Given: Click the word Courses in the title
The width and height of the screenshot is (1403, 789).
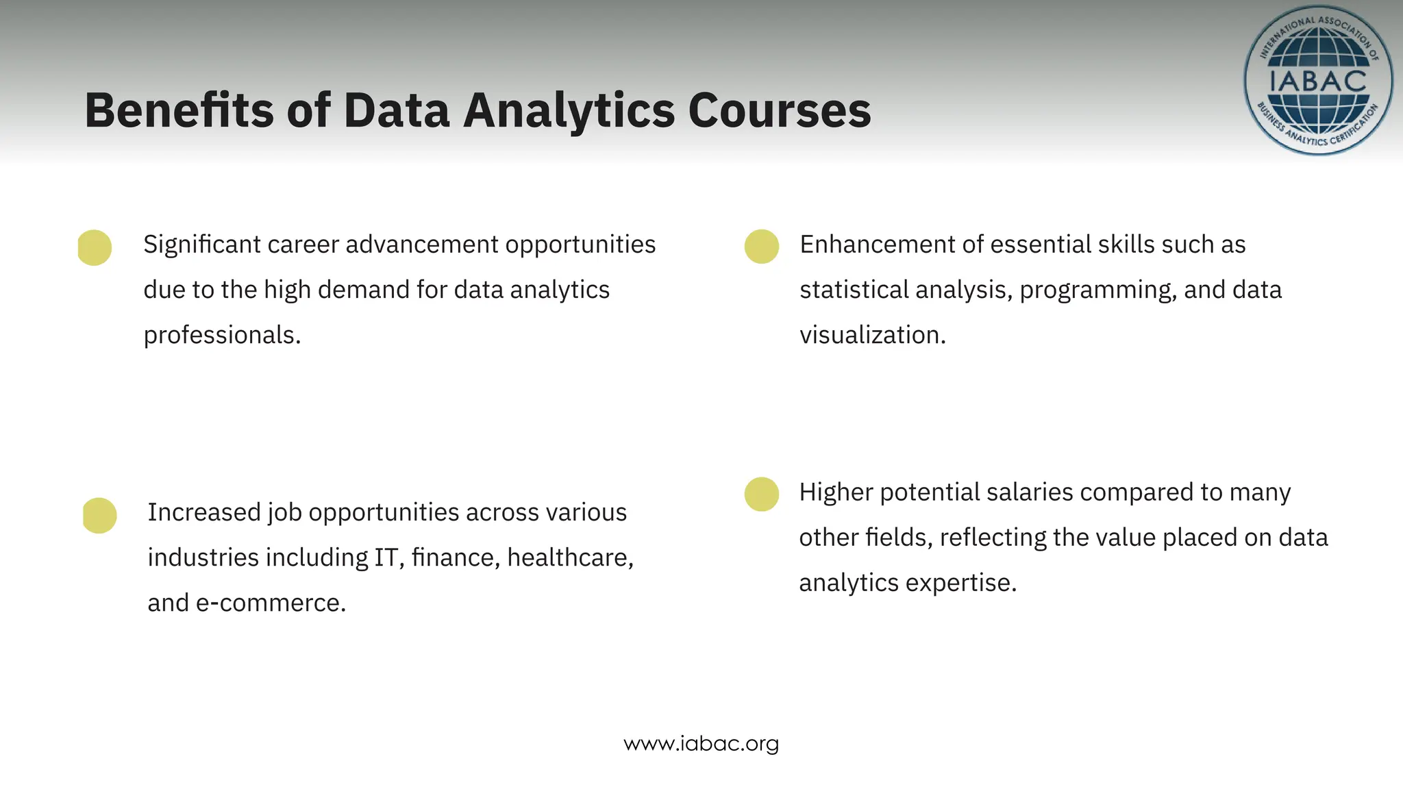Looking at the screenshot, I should tap(779, 111).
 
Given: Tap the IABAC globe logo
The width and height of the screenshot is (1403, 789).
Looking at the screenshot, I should tap(1317, 81).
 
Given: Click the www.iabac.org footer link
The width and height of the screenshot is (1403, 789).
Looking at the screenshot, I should tap(701, 744).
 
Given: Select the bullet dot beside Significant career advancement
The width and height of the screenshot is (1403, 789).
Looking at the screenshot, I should tap(95, 247).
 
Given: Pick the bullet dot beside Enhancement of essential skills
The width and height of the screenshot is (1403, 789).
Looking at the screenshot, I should tap(762, 247).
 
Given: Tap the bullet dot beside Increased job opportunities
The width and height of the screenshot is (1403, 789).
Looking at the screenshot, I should tap(99, 515).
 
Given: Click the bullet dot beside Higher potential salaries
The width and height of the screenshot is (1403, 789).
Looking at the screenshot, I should tap(762, 494).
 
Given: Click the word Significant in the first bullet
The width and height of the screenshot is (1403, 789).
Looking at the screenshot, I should tap(201, 245).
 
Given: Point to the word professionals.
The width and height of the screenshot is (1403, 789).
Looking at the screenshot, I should tap(221, 336).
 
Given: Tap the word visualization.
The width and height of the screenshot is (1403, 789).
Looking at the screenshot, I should tap(871, 336).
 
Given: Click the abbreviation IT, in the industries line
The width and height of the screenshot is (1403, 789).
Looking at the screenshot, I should tap(388, 558).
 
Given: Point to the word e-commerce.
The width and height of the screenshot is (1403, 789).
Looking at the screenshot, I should tap(270, 603).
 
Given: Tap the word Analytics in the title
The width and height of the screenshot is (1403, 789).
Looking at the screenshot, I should tap(569, 111).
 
